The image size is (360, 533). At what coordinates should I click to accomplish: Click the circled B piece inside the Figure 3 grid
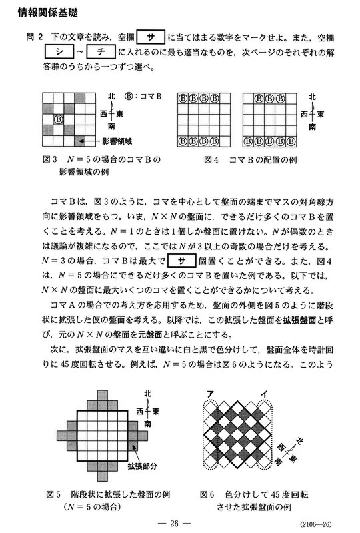pyautogui.click(x=57, y=119)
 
